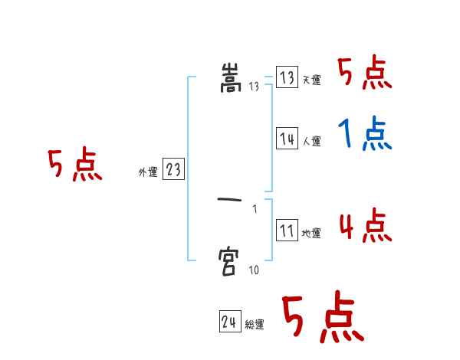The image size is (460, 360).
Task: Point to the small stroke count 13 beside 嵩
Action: click(255, 87)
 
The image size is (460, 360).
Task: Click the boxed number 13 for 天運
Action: click(287, 78)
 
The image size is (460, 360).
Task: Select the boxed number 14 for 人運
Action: click(287, 139)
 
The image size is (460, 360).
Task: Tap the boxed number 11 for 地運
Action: click(287, 231)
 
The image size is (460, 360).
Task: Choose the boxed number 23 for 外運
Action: click(173, 170)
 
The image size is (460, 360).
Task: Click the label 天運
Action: click(311, 80)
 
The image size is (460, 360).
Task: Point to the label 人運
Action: click(311, 141)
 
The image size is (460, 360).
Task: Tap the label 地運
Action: click(311, 233)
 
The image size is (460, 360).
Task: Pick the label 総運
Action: click(255, 325)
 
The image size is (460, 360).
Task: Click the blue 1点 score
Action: click(365, 135)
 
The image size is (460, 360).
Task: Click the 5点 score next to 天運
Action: click(365, 74)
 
